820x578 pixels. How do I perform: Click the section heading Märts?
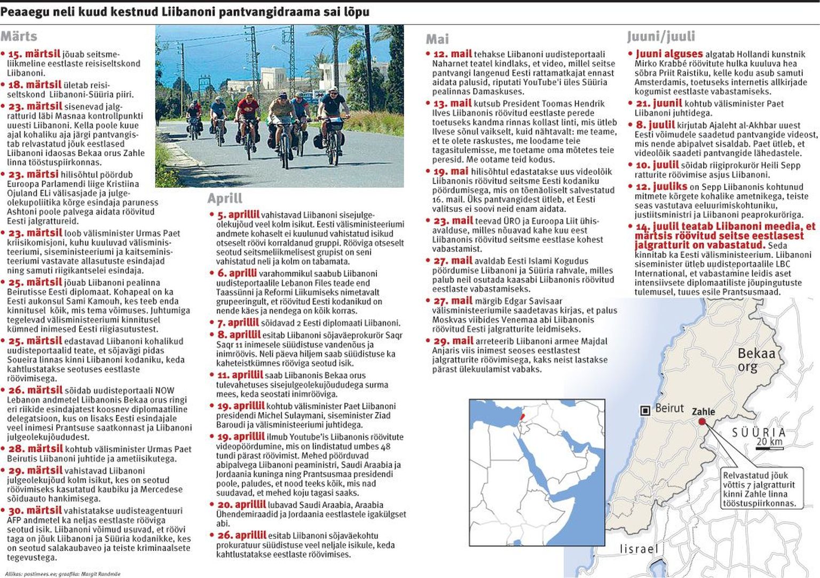19,36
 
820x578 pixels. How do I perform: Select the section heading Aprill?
225,199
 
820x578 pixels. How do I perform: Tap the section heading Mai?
437,39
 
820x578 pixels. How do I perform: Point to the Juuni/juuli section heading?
661,36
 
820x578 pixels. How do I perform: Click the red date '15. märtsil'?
34,54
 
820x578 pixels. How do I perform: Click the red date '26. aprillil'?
241,535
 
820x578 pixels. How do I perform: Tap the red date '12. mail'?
453,54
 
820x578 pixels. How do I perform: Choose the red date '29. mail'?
453,341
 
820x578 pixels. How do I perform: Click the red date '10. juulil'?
657,165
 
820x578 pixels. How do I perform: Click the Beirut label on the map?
669,408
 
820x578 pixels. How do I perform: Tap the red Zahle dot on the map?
702,422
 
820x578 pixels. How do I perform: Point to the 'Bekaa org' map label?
756,360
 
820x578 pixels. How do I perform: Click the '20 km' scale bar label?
769,441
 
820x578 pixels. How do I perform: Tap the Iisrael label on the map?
638,549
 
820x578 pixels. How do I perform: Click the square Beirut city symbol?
645,410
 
